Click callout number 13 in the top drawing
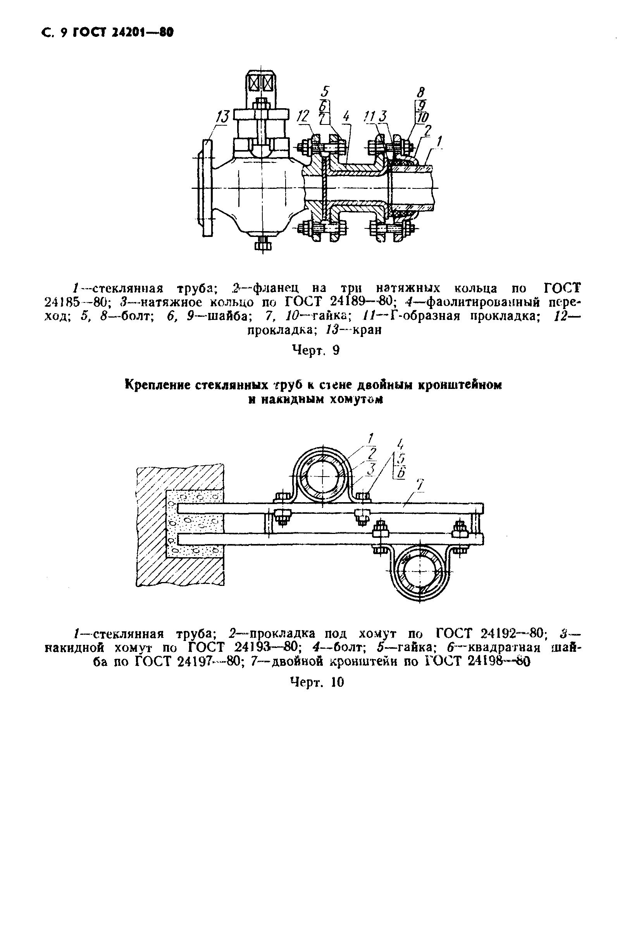(x=222, y=117)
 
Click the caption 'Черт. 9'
(x=315, y=351)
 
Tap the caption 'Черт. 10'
(x=317, y=682)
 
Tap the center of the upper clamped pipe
(x=322, y=477)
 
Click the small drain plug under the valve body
(x=263, y=243)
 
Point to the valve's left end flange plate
(x=207, y=188)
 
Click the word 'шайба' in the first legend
(x=228, y=316)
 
